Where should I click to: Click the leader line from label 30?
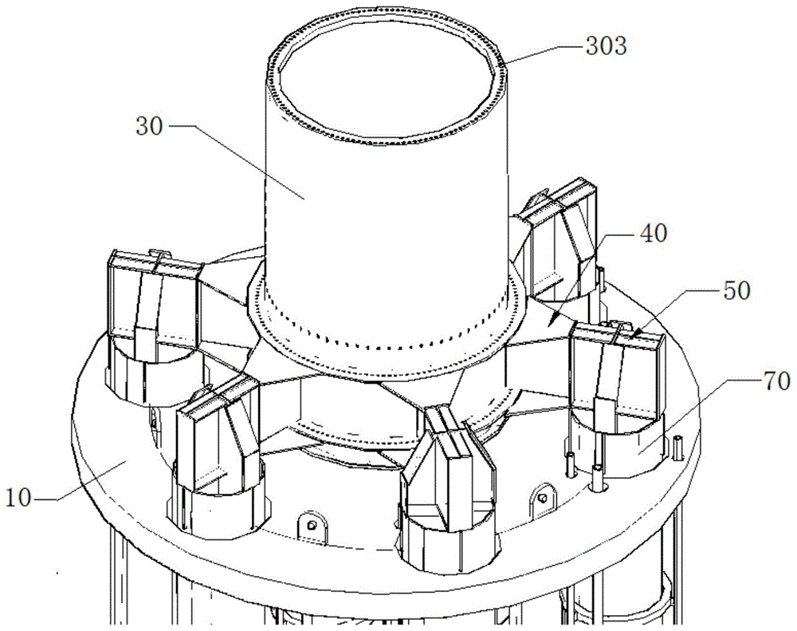pos(239,160)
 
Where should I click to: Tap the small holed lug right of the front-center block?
pos(543,499)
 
